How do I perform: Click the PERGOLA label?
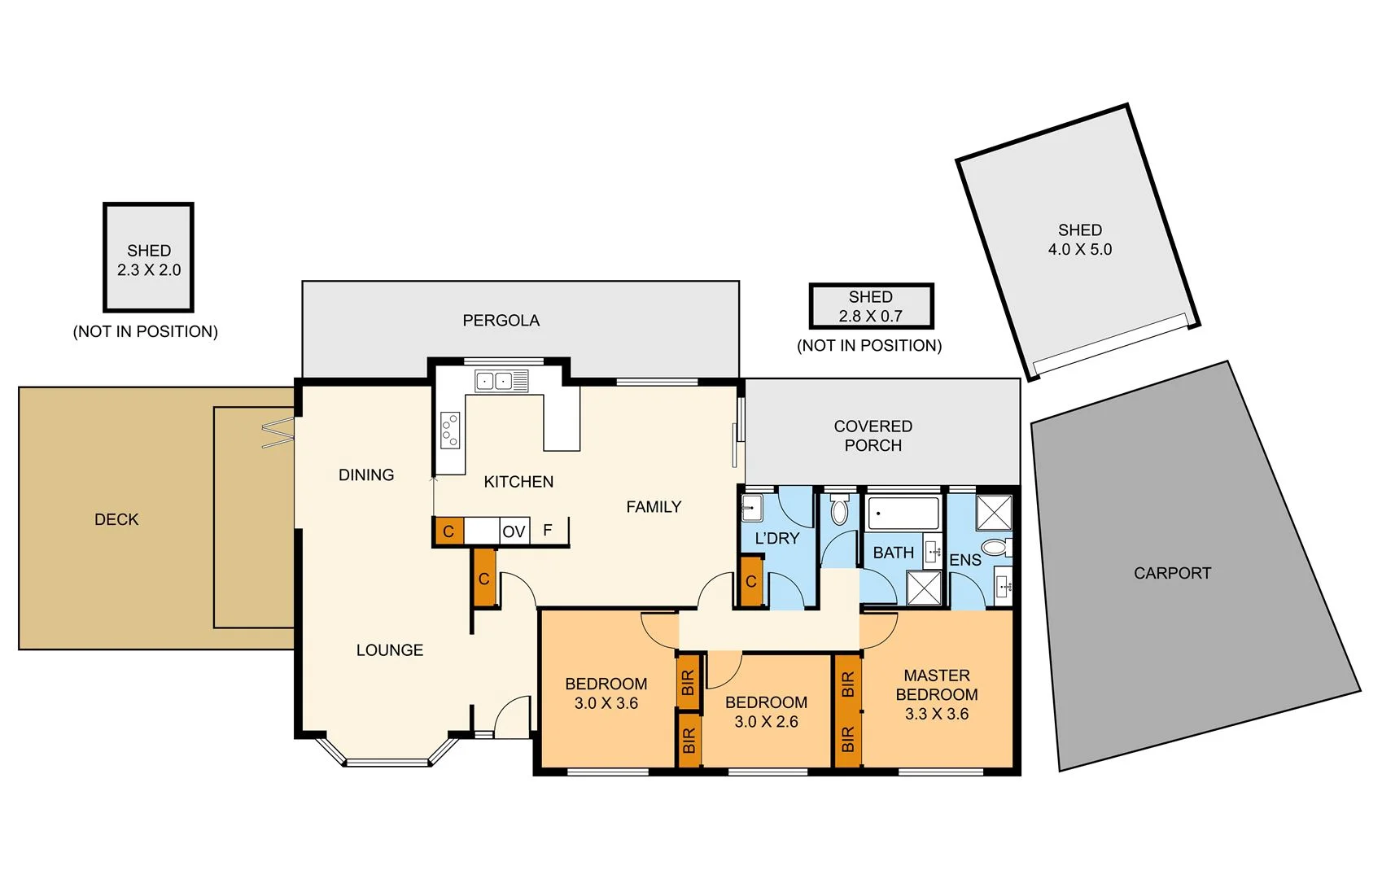coord(501,321)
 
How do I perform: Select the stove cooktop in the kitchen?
coord(450,430)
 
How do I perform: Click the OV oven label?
coord(514,532)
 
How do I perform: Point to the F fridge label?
coord(548,530)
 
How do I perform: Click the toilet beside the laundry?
coord(839,511)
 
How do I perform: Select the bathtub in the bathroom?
coord(903,514)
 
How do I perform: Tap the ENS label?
coord(965,560)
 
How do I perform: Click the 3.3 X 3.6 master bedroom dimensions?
coord(937,714)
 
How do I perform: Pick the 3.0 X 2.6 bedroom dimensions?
coord(766,722)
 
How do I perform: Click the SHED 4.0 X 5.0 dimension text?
coord(1079,250)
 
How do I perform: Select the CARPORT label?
coord(1172,573)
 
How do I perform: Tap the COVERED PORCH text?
coord(873,435)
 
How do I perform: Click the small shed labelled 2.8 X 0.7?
coord(871,307)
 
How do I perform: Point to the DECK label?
coord(116,519)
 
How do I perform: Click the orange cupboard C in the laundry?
coord(750,581)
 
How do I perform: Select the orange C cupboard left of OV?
coord(448,531)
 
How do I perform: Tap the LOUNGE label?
coord(389,650)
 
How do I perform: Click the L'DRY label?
coord(777,538)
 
